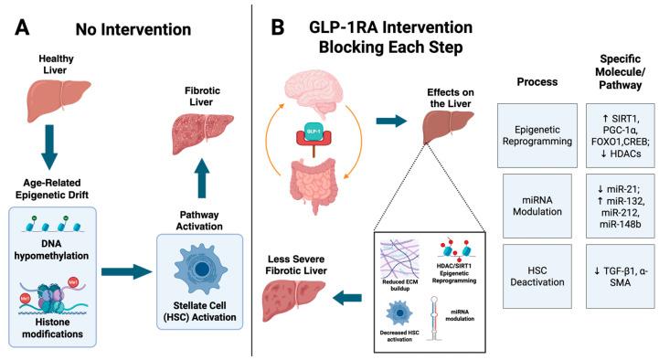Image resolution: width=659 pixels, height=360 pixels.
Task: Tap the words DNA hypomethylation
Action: (x=63, y=259)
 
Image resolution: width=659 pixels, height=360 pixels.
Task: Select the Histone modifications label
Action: (x=63, y=334)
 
